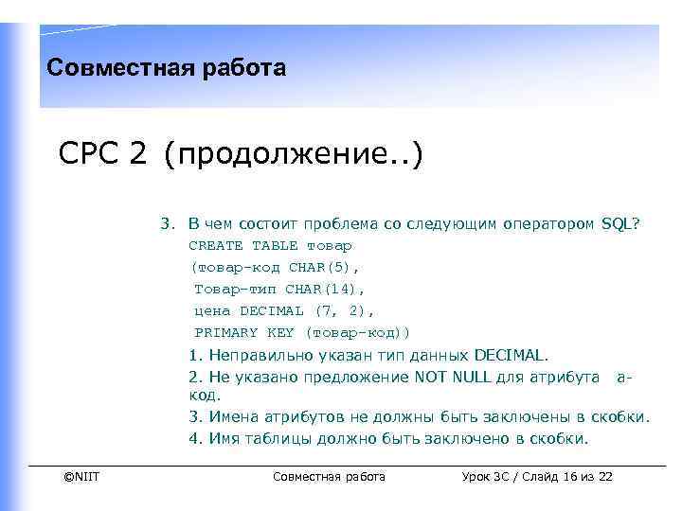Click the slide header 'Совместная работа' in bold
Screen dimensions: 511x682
click(166, 68)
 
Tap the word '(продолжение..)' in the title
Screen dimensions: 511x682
click(293, 153)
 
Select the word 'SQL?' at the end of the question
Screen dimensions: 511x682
click(620, 224)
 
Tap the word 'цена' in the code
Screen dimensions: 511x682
click(212, 310)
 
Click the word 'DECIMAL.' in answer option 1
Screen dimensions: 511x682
click(510, 356)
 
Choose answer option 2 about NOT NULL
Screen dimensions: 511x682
click(407, 386)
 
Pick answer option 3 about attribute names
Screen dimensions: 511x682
click(419, 417)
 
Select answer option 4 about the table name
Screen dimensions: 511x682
click(388, 438)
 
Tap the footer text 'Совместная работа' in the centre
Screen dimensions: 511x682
click(329, 476)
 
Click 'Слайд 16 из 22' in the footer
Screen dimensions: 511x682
click(576, 476)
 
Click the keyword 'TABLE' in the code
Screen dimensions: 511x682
click(275, 245)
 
